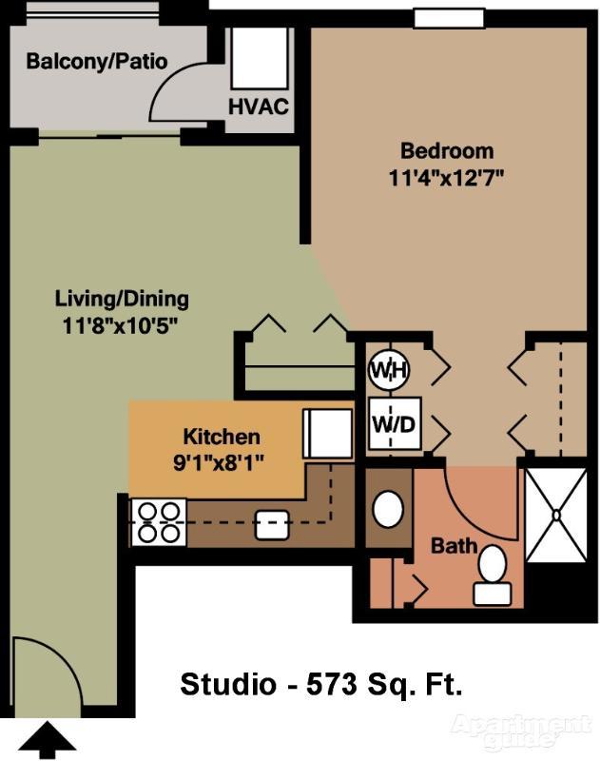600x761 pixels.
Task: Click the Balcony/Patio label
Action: pyautogui.click(x=97, y=62)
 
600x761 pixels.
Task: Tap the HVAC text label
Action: pyautogui.click(x=259, y=107)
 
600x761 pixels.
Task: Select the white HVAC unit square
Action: pyautogui.click(x=260, y=58)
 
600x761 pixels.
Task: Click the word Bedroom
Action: pyautogui.click(x=447, y=151)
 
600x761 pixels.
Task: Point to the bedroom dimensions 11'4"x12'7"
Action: pyautogui.click(x=444, y=178)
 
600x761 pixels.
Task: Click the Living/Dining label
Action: pyautogui.click(x=122, y=299)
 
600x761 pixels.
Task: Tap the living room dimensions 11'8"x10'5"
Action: pyautogui.click(x=118, y=325)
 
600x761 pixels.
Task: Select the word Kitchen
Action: pyautogui.click(x=222, y=437)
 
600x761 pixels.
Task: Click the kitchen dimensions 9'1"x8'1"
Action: pyautogui.click(x=219, y=463)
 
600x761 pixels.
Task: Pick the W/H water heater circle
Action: pyautogui.click(x=389, y=370)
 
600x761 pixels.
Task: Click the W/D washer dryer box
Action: pyautogui.click(x=395, y=424)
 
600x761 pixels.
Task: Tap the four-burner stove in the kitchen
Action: pyautogui.click(x=158, y=522)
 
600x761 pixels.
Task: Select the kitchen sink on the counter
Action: pyautogui.click(x=272, y=525)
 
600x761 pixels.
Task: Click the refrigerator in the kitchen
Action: pyautogui.click(x=328, y=434)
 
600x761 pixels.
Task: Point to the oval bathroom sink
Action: pyautogui.click(x=388, y=510)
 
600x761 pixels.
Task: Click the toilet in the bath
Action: pyautogui.click(x=493, y=576)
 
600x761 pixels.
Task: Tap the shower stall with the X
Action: pyautogui.click(x=556, y=515)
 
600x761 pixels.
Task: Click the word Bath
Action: pyautogui.click(x=455, y=546)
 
